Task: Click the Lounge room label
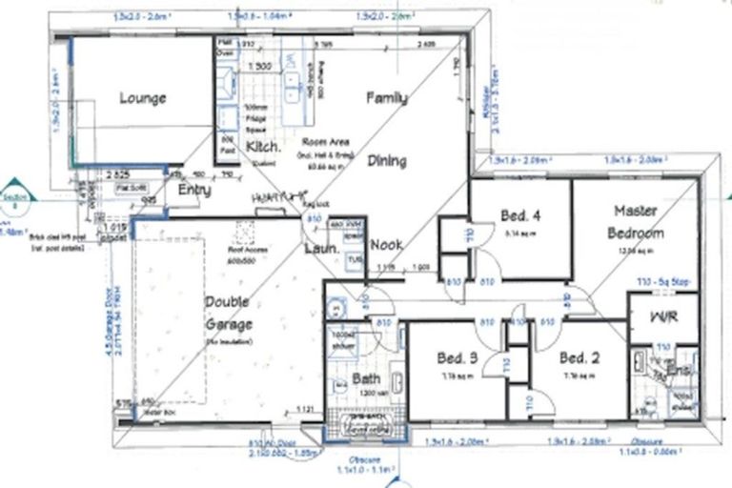coord(143,98)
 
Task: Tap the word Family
coord(387,97)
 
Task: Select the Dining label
coord(387,161)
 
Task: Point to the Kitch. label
coord(262,147)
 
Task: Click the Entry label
coord(194,191)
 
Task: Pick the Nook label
coord(386,245)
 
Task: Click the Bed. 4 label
coord(520,215)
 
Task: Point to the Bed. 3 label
coord(457,358)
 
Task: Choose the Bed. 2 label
coord(578,358)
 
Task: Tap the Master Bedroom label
coord(638,221)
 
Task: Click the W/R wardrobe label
coord(663,316)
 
